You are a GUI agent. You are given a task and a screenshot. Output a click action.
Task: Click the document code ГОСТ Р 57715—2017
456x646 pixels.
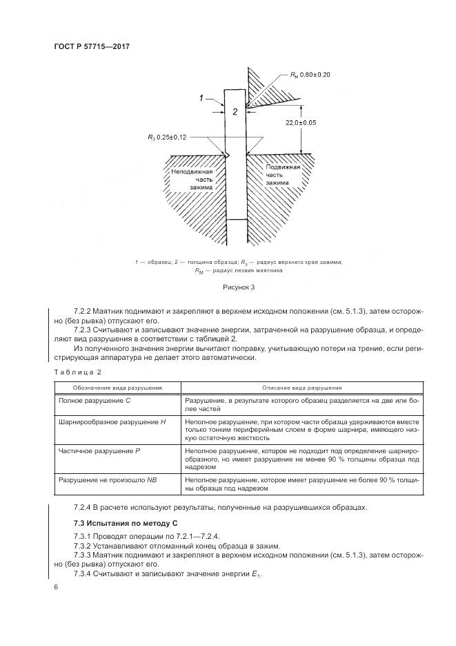[x=92, y=46]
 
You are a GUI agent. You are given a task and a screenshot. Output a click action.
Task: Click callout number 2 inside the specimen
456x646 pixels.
[x=235, y=111]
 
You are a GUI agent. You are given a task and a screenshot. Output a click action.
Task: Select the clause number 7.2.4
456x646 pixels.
[x=84, y=508]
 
